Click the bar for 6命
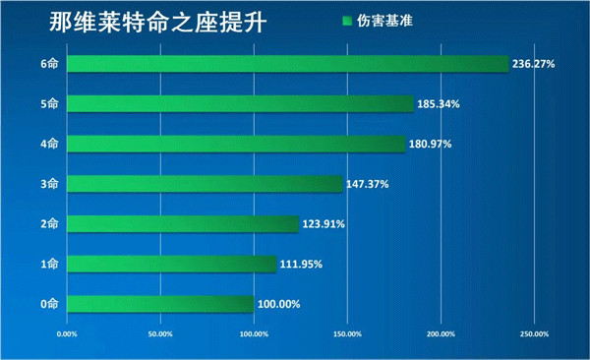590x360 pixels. coord(288,64)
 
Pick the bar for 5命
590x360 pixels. coord(240,103)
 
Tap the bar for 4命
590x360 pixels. coord(236,144)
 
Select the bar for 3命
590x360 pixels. coord(205,184)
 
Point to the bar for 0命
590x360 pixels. coord(160,304)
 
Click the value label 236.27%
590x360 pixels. coord(535,64)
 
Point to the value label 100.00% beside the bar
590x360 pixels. coord(278,304)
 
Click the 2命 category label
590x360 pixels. coord(50,224)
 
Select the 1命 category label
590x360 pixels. coord(50,264)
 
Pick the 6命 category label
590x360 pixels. coord(50,64)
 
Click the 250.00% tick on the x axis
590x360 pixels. coord(534,334)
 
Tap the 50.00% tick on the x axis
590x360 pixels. coord(160,334)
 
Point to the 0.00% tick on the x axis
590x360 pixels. coord(67,334)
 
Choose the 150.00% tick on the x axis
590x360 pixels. coord(347,334)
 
